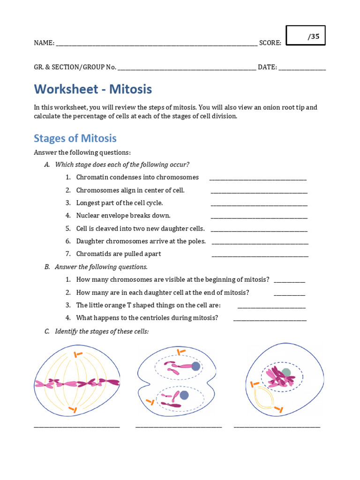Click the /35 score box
click(x=306, y=36)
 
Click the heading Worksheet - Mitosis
click(x=93, y=89)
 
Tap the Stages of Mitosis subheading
click(x=75, y=138)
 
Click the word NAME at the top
click(x=44, y=43)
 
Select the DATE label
click(x=267, y=67)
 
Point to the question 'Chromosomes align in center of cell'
click(x=130, y=190)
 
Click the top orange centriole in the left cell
click(x=78, y=354)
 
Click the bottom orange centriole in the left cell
click(x=72, y=410)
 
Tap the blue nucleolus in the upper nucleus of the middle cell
click(x=195, y=366)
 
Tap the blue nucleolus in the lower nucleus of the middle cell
click(x=184, y=395)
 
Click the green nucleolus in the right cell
click(x=286, y=372)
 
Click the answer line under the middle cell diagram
click(x=179, y=426)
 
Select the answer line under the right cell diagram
click(x=277, y=426)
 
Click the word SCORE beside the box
click(x=270, y=43)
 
